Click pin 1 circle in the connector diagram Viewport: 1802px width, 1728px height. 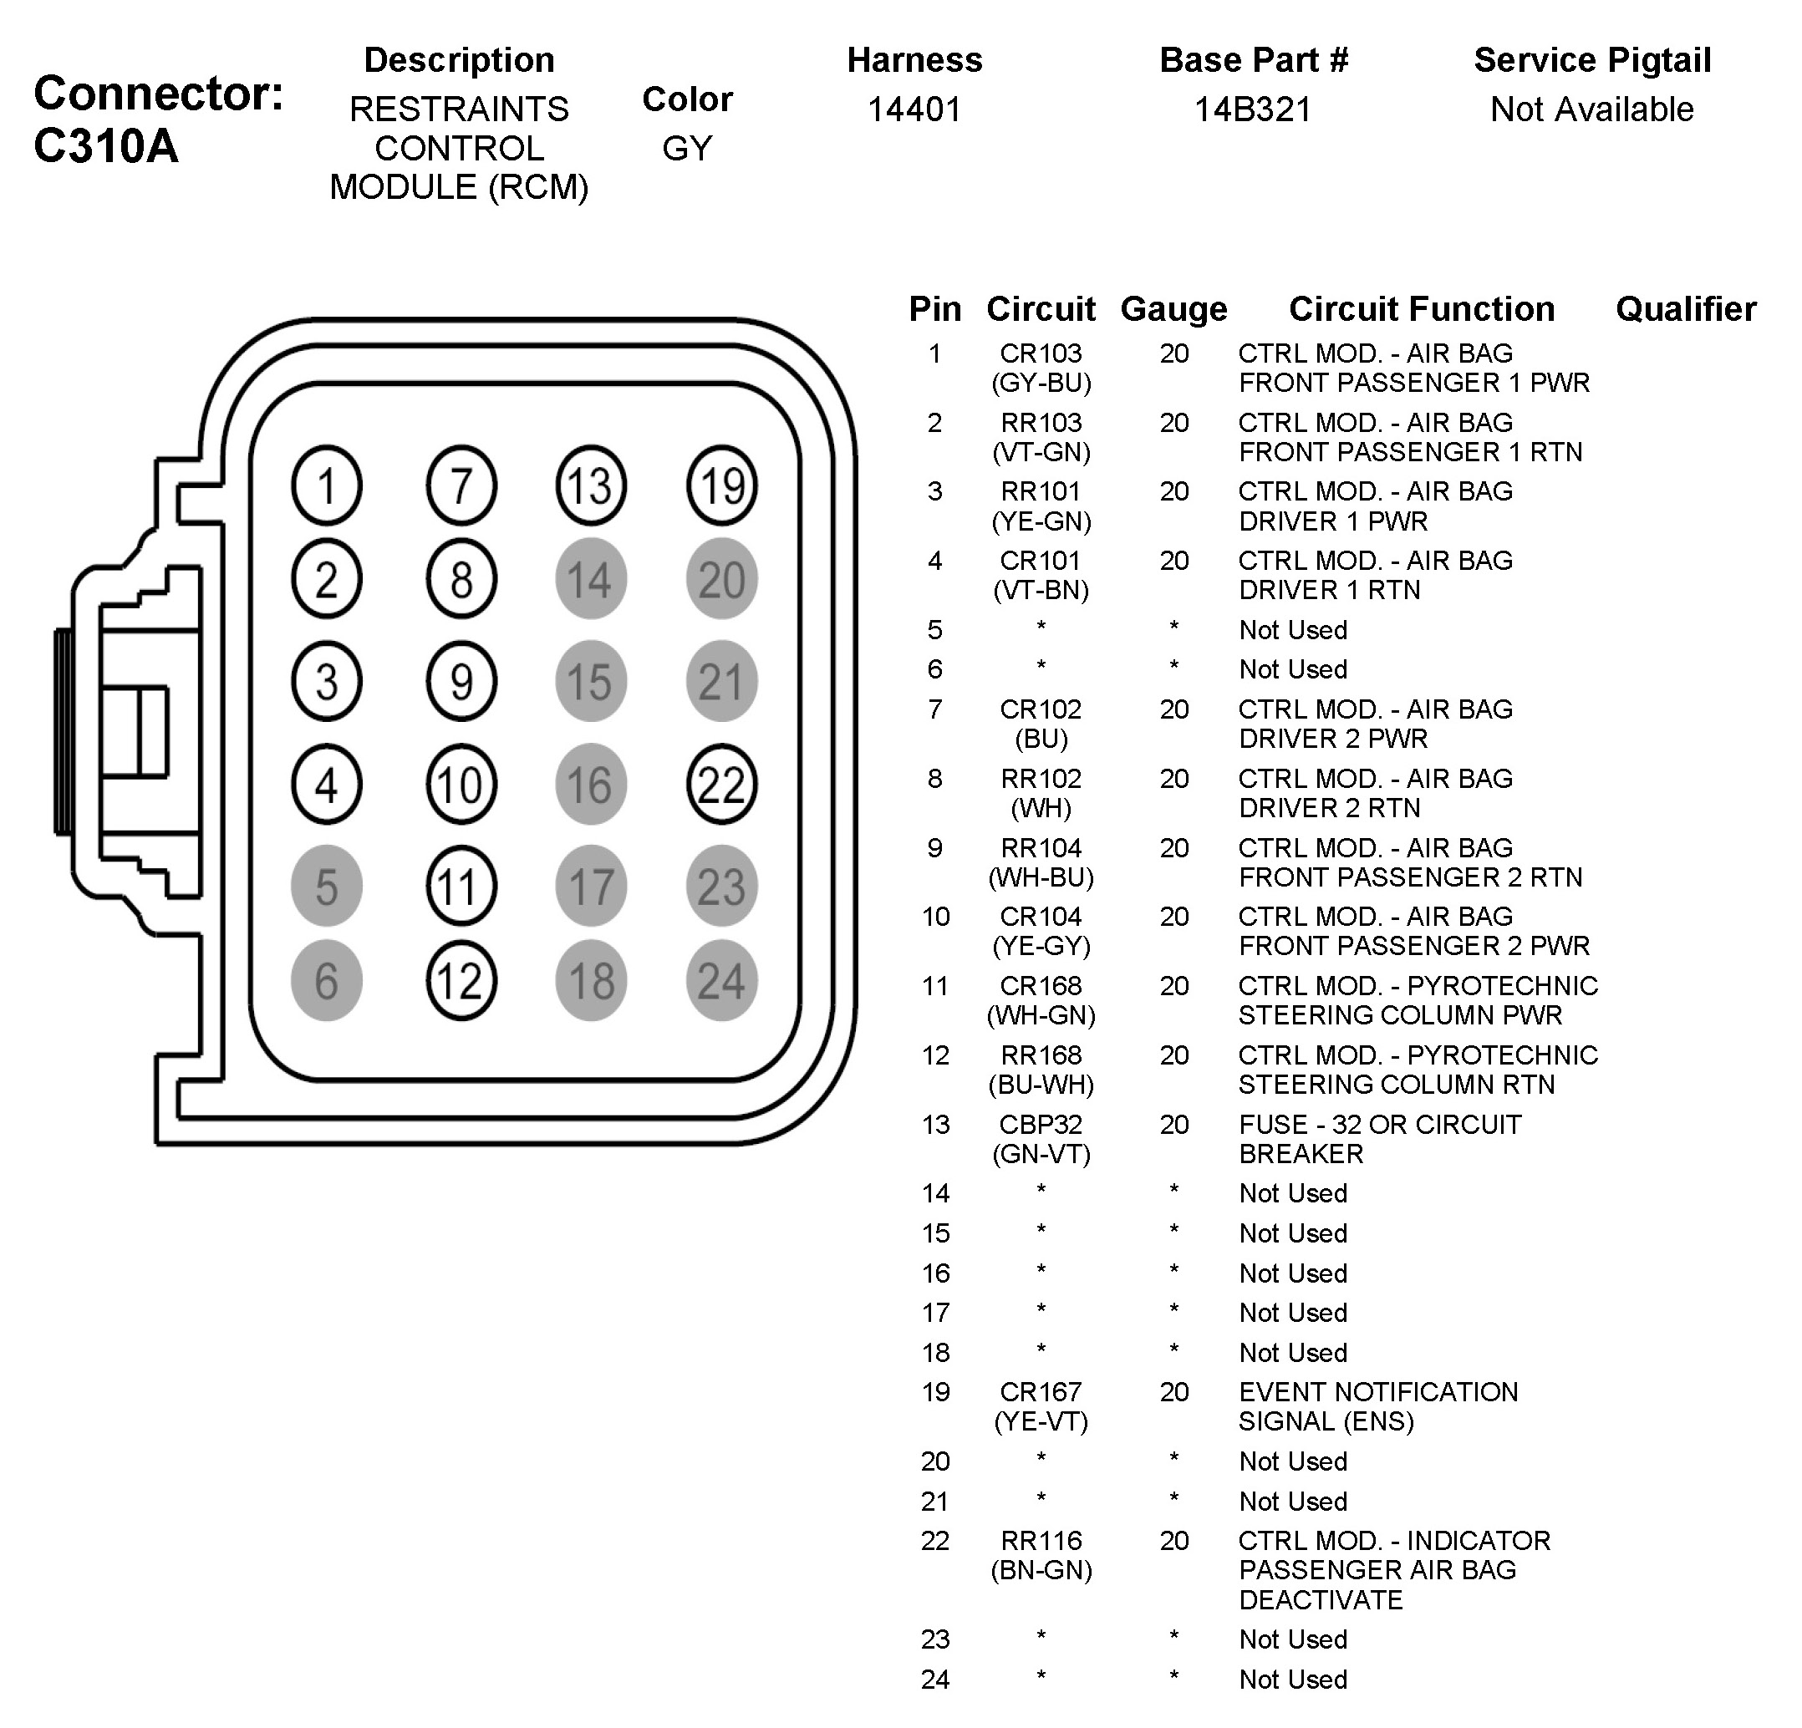pyautogui.click(x=326, y=485)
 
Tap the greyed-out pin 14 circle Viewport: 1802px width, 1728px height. pyautogui.click(x=590, y=579)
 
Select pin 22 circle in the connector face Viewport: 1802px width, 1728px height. pyautogui.click(x=722, y=784)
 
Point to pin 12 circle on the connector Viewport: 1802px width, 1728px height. pyautogui.click(x=461, y=981)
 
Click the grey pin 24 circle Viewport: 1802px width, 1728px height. pyautogui.click(x=722, y=981)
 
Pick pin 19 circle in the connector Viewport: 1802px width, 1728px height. pyautogui.click(x=722, y=485)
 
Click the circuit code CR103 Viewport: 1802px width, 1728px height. pyautogui.click(x=1041, y=353)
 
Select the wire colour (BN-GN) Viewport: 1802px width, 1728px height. pyautogui.click(x=1041, y=1570)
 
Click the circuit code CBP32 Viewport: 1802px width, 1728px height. pyautogui.click(x=1041, y=1124)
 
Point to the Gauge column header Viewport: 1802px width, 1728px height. pyautogui.click(x=1173, y=309)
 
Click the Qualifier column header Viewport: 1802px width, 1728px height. pyautogui.click(x=1685, y=309)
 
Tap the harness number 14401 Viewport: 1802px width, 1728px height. pyautogui.click(x=914, y=109)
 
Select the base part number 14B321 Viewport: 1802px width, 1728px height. pyautogui.click(x=1252, y=109)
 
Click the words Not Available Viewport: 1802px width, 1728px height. pyautogui.click(x=1591, y=109)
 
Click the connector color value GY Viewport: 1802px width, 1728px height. pyautogui.click(x=687, y=148)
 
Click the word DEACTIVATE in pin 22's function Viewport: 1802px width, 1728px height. pyautogui.click(x=1321, y=1600)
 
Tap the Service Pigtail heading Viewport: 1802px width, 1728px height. pyautogui.click(x=1591, y=60)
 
